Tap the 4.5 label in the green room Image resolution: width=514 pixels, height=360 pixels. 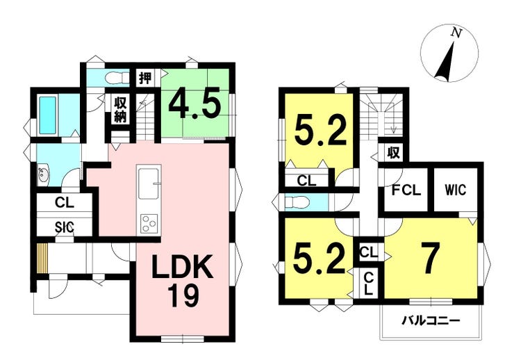pyautogui.click(x=193, y=104)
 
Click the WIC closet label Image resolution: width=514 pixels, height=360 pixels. pyautogui.click(x=456, y=190)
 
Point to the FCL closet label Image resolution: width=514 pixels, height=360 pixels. pyautogui.click(x=406, y=190)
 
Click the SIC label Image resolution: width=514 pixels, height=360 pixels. pyautogui.click(x=64, y=227)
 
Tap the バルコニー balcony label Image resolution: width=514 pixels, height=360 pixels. pyautogui.click(x=431, y=320)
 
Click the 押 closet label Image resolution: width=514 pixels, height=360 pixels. pyautogui.click(x=145, y=79)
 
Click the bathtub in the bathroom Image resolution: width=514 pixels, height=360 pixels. pyautogui.click(x=47, y=115)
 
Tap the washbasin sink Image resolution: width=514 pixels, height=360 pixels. pyautogui.click(x=42, y=176)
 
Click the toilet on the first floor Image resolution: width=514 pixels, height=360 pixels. pyautogui.click(x=117, y=79)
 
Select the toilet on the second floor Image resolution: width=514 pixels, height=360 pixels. pyautogui.click(x=297, y=203)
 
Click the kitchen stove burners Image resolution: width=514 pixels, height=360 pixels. pyautogui.click(x=149, y=224)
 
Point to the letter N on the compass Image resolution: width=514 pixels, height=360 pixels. pyautogui.click(x=456, y=33)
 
